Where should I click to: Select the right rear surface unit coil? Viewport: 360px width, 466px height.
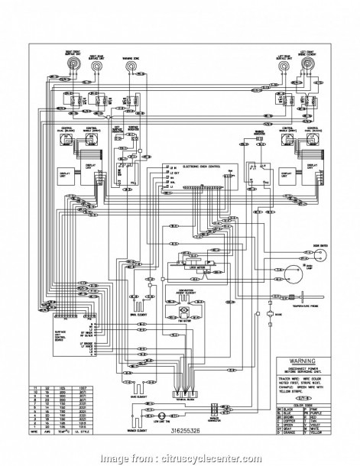coord(98,68)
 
